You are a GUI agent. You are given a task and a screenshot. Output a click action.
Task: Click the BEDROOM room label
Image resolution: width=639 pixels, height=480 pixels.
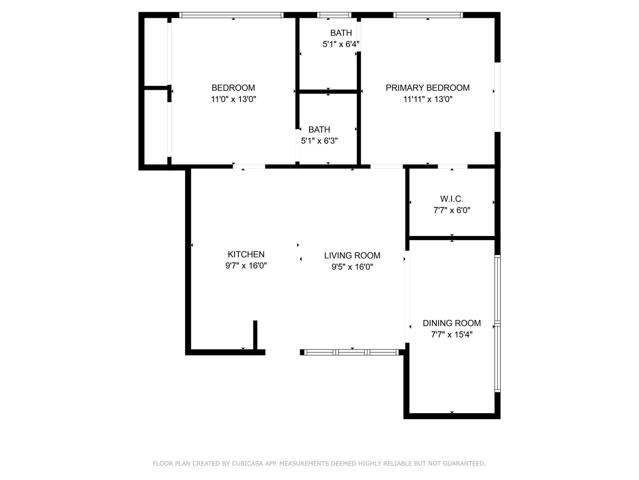pos(233,88)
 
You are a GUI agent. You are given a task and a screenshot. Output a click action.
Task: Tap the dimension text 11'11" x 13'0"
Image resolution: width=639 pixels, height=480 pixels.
pos(427,99)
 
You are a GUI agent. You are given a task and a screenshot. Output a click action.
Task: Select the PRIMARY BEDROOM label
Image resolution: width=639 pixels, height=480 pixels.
pos(427,88)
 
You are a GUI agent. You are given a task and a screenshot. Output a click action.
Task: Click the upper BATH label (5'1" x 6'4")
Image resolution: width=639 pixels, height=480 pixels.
pos(341,33)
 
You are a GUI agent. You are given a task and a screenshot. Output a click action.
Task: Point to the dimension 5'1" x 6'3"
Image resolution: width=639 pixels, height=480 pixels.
pos(319,141)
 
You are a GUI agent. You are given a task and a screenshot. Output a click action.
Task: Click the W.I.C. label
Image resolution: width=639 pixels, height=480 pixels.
pos(451,199)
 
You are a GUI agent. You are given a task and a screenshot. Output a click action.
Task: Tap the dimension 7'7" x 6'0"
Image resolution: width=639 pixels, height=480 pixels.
pos(451,210)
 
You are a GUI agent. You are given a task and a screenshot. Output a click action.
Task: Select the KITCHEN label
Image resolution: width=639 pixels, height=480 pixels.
pos(246,254)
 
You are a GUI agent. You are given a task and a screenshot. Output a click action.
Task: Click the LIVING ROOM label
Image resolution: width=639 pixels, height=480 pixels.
pos(352,256)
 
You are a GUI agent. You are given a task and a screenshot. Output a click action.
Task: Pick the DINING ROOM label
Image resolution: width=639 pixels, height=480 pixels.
pos(451,323)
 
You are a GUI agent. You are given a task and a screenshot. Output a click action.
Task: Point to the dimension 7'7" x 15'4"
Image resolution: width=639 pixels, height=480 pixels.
pos(451,335)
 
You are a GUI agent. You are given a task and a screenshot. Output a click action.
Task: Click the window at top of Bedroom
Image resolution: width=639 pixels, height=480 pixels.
pos(231,15)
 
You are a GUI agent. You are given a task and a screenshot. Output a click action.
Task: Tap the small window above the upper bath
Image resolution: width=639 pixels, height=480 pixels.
pos(334,15)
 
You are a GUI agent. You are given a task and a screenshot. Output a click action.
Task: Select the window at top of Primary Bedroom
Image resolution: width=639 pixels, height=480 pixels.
pos(428,15)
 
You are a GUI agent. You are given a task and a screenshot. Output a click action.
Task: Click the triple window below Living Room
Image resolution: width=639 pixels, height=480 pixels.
pos(351,352)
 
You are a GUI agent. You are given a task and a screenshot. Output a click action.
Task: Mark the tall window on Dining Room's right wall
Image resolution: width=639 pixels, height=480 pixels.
pos(497,323)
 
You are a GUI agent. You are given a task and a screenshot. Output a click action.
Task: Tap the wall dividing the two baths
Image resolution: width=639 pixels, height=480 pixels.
pos(328,92)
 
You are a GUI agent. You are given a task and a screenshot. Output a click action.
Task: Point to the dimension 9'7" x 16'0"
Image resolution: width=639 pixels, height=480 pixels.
pos(246,266)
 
